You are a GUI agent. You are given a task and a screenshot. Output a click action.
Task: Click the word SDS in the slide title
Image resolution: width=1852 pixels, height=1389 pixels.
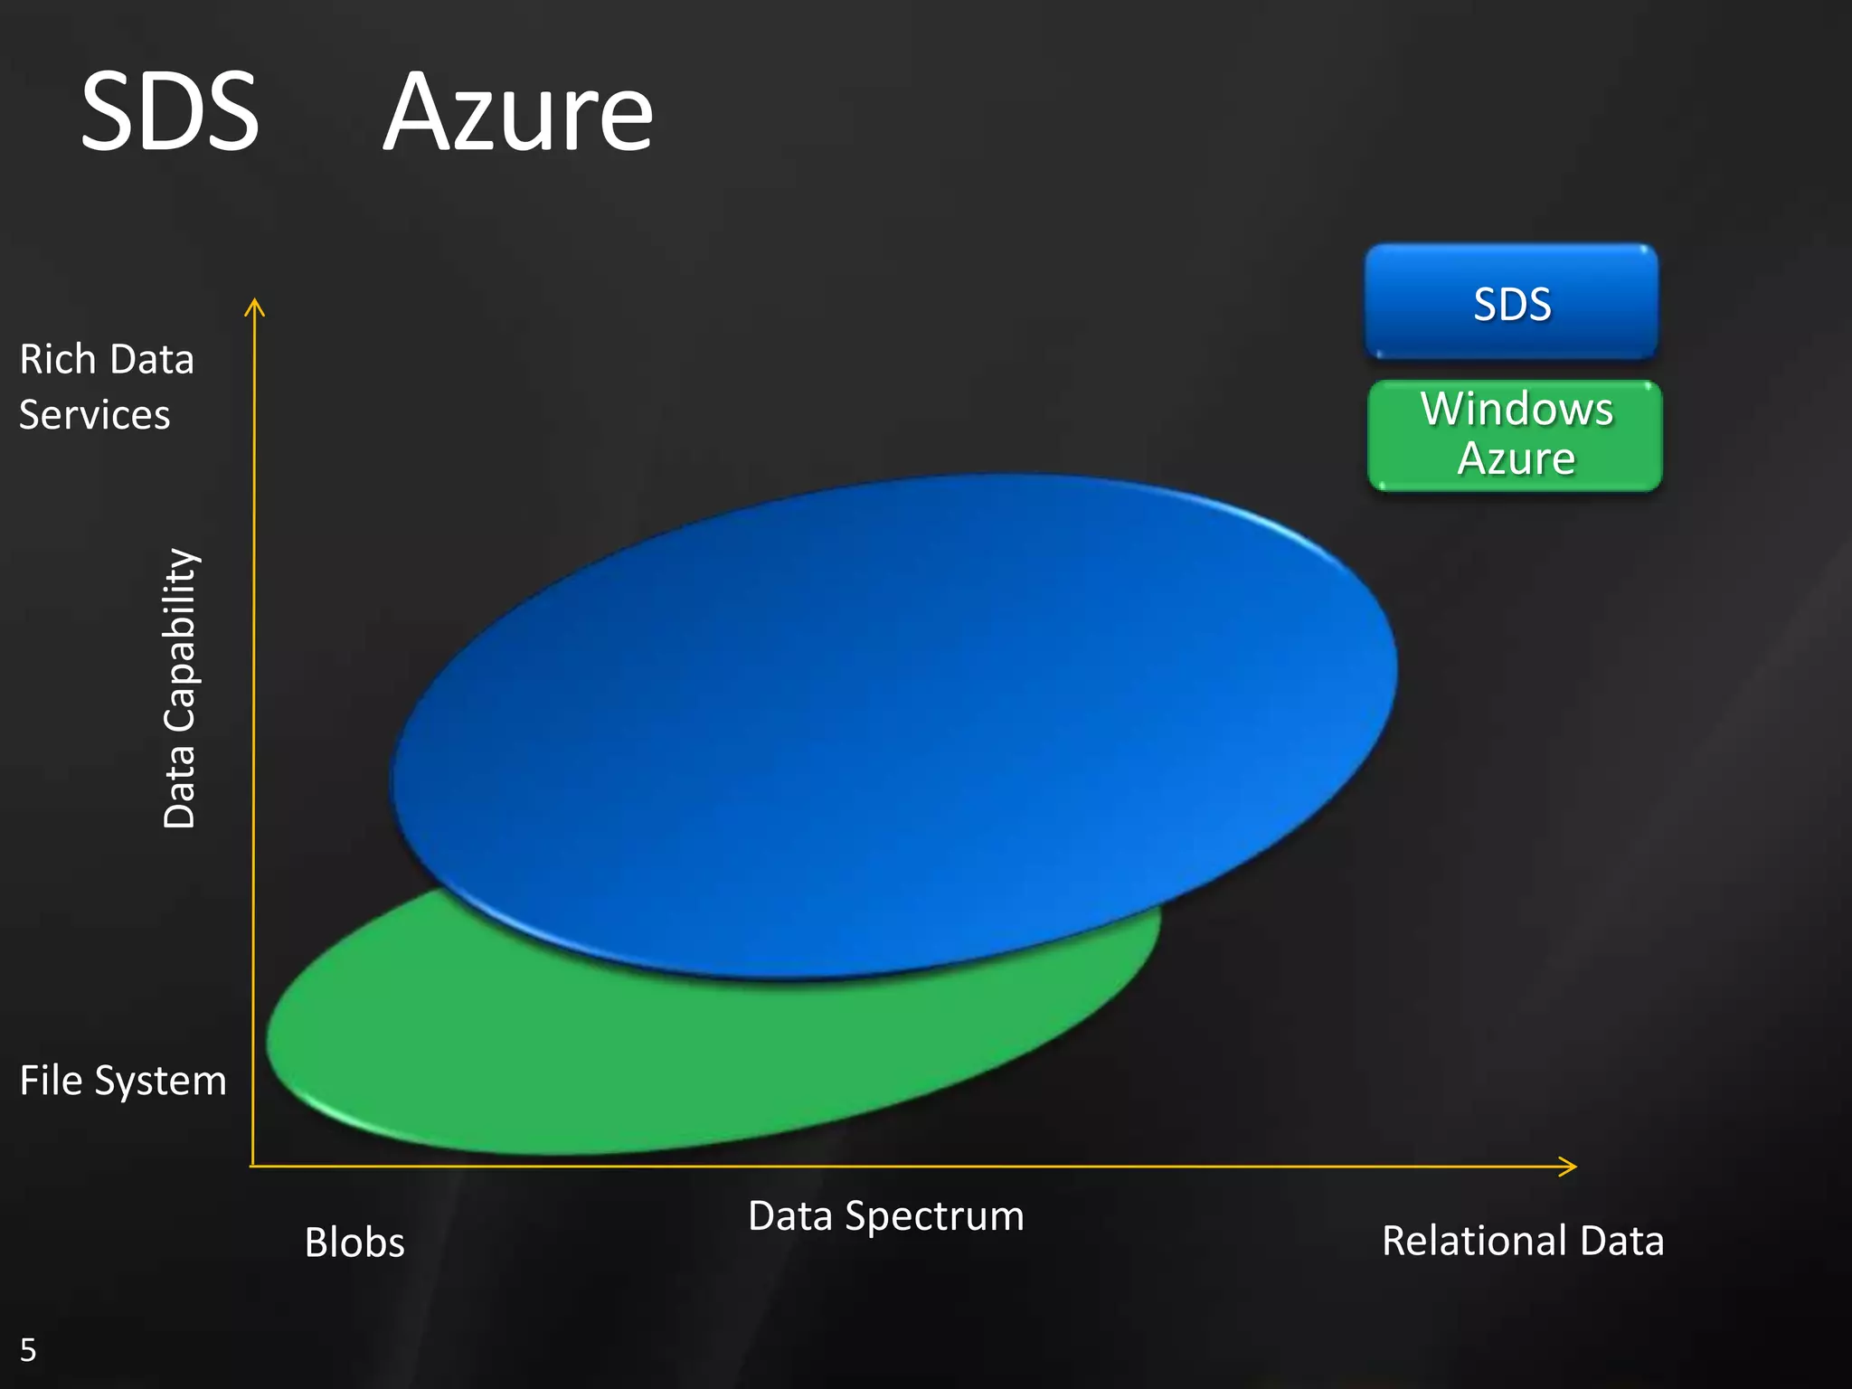point(170,113)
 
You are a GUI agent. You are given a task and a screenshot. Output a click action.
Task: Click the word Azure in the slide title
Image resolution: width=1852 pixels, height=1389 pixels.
point(517,115)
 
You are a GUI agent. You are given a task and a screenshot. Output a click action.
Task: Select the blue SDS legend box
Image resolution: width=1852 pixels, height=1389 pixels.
point(1511,301)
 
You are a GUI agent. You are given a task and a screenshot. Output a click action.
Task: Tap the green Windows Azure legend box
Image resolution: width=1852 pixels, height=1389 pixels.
point(1516,436)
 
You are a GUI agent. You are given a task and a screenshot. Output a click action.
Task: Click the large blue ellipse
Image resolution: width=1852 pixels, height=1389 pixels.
point(895,714)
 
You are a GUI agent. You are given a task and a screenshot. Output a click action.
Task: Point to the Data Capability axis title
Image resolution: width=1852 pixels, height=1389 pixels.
point(179,688)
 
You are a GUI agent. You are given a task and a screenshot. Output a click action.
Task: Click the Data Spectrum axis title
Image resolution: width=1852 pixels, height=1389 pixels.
point(886,1216)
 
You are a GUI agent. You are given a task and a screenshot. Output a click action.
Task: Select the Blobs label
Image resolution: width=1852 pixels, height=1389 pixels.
point(354,1243)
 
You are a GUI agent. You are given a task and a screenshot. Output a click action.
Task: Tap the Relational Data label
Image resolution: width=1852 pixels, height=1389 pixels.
point(1523,1241)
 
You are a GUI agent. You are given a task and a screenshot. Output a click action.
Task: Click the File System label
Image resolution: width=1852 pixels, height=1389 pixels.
point(123,1081)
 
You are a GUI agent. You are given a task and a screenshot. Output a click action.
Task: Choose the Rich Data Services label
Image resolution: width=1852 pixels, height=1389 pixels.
point(106,387)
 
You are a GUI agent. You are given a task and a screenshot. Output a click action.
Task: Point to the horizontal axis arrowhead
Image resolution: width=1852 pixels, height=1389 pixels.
point(1569,1167)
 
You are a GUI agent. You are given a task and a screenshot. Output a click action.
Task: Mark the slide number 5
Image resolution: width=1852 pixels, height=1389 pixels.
point(28,1350)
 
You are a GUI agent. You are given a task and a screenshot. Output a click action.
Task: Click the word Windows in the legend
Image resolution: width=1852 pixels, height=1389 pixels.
point(1517,409)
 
